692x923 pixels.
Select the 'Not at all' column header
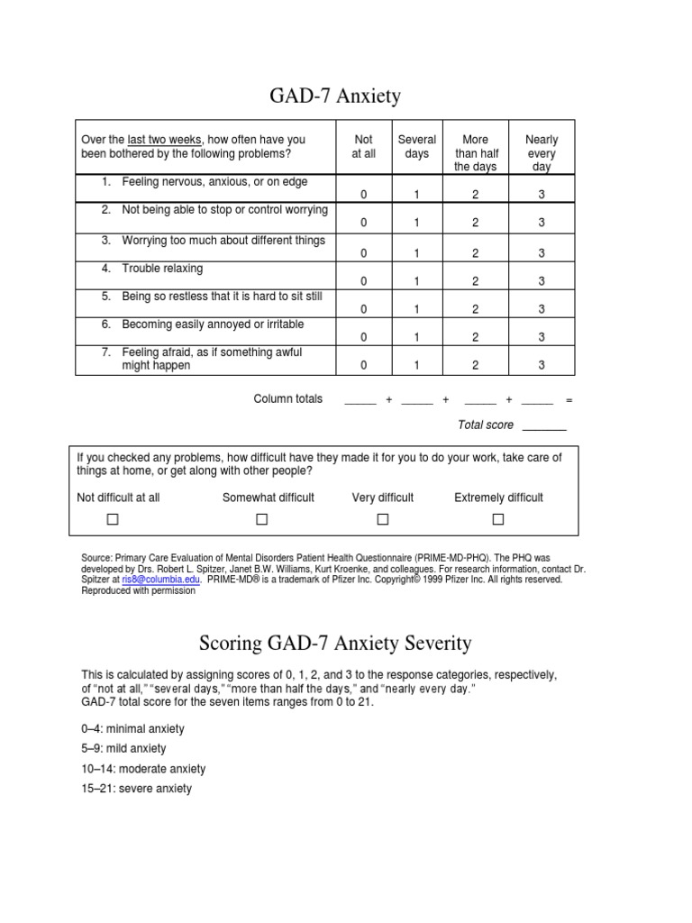pyautogui.click(x=364, y=147)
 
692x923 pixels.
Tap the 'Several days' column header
pyautogui.click(x=417, y=147)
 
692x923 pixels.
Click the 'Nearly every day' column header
pyautogui.click(x=542, y=153)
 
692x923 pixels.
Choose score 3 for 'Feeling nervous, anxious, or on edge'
pyautogui.click(x=542, y=195)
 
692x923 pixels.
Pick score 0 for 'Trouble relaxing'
pyautogui.click(x=364, y=281)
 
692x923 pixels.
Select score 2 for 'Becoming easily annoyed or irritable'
pyautogui.click(x=475, y=337)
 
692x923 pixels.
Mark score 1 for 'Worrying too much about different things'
pyautogui.click(x=417, y=253)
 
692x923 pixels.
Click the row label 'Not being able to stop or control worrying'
pyautogui.click(x=224, y=210)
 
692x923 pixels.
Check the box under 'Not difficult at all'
pyautogui.click(x=113, y=519)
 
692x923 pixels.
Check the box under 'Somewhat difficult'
pyautogui.click(x=262, y=519)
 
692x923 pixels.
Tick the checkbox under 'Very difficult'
pyautogui.click(x=382, y=519)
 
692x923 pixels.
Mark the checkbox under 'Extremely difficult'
pyautogui.click(x=498, y=519)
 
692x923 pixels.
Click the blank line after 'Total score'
pyautogui.click(x=544, y=425)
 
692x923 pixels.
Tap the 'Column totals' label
pyautogui.click(x=287, y=399)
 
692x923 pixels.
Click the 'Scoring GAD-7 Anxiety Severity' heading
pyautogui.click(x=334, y=643)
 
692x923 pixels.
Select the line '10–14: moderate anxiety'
pyautogui.click(x=143, y=769)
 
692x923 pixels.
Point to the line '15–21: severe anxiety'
pyautogui.click(x=136, y=789)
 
